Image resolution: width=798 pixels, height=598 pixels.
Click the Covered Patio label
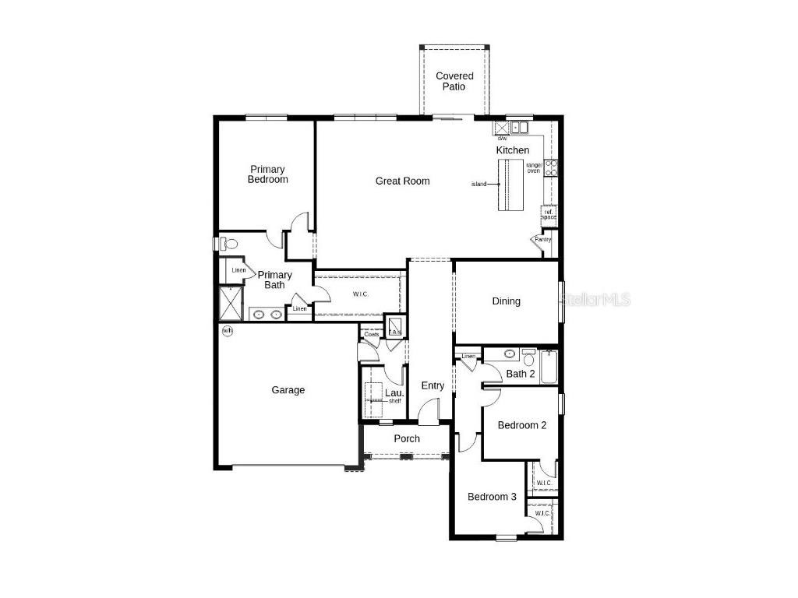tap(454, 81)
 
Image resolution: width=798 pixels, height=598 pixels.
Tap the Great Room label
tap(402, 181)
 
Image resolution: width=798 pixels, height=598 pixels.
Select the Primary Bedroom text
tap(267, 174)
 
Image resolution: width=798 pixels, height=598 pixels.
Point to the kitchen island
tap(511, 185)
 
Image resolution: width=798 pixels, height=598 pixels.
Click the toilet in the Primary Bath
tap(228, 244)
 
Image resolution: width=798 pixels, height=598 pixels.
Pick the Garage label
tap(288, 390)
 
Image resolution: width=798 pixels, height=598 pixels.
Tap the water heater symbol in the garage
tap(228, 332)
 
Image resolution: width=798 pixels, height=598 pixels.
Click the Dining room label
tap(506, 301)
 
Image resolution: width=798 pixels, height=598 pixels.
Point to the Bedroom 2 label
tap(521, 425)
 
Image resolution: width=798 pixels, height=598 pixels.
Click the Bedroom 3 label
tap(492, 497)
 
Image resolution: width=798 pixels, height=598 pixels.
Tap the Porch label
tap(406, 438)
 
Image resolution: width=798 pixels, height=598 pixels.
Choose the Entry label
tap(433, 385)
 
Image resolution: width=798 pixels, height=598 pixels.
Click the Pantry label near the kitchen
tap(542, 240)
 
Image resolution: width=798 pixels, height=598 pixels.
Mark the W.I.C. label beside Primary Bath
tap(360, 294)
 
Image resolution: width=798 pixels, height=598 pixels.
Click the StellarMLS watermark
tap(596, 299)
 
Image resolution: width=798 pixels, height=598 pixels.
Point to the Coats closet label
tap(371, 335)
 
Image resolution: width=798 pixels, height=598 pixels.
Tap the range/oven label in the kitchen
tap(534, 167)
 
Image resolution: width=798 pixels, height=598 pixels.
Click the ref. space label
tap(549, 214)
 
